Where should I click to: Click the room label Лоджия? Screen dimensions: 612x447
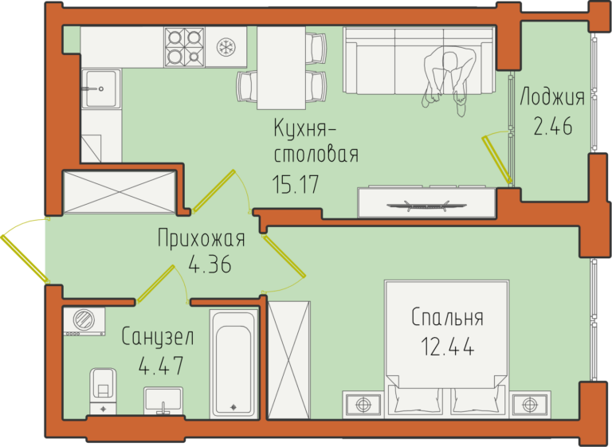tap(552, 97)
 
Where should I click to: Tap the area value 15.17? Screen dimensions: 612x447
tap(296, 184)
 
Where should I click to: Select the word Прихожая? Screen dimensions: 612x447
tap(202, 238)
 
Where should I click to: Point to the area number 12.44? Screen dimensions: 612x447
tap(448, 347)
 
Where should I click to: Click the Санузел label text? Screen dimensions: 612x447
tap(158, 336)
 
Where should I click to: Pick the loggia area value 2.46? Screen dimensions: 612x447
tap(553, 126)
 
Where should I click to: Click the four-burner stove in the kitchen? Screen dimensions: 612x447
tap(184, 47)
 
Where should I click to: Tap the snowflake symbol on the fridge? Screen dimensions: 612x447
tap(225, 47)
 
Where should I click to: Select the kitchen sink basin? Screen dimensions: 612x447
tap(100, 88)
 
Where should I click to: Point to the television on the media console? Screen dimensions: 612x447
tap(426, 205)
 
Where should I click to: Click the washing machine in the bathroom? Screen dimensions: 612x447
tap(84, 321)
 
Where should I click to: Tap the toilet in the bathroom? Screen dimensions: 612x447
tap(103, 390)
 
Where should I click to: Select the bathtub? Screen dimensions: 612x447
tap(233, 364)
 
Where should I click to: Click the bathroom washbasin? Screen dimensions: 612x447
tap(163, 401)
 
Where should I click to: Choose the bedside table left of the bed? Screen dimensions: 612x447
tap(363, 405)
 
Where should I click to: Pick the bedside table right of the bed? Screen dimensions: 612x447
tap(530, 405)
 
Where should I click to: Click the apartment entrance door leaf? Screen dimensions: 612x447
tap(25, 258)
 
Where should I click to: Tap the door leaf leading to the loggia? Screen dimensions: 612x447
tap(497, 159)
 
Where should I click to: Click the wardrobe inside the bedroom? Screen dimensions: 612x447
tap(289, 360)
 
